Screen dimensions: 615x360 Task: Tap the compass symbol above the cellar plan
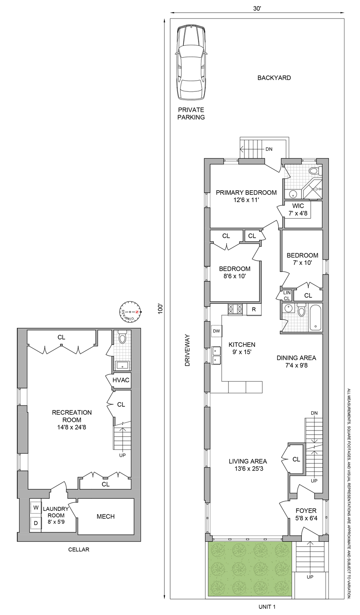130,312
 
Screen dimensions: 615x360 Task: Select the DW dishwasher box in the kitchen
216,331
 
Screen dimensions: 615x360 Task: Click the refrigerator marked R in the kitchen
254,310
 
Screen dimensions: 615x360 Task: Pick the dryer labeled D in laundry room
36,523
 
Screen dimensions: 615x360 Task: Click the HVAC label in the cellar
121,380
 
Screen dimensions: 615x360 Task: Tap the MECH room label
105,517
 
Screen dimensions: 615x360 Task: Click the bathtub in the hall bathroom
316,317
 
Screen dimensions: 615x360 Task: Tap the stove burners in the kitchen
235,309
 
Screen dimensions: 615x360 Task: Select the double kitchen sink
216,355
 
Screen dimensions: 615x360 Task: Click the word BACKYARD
274,78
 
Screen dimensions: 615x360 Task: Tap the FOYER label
306,510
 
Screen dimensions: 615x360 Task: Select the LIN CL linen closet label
287,295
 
